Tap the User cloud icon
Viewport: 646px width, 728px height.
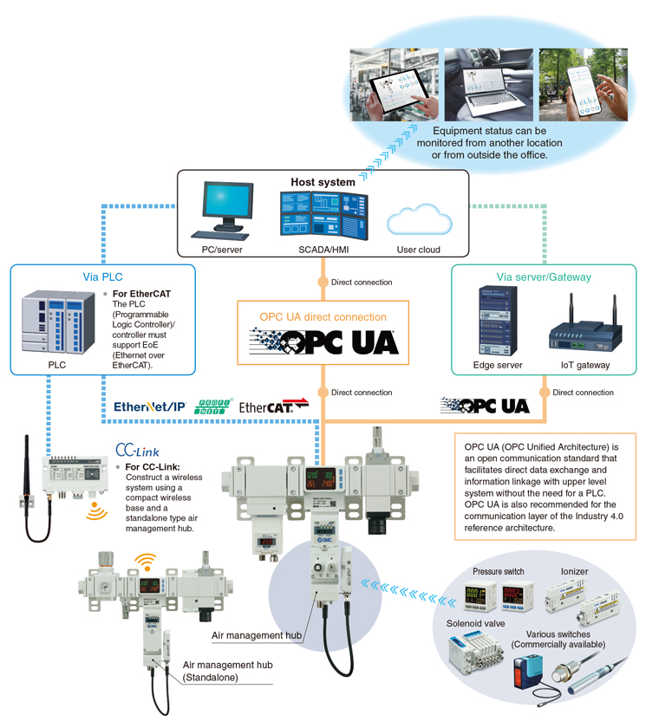[419, 220]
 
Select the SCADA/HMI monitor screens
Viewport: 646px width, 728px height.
[323, 214]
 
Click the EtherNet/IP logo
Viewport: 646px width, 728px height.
[150, 406]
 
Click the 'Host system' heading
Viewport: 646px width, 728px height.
[323, 183]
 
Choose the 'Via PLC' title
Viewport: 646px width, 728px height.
[102, 277]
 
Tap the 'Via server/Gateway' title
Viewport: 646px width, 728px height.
[544, 277]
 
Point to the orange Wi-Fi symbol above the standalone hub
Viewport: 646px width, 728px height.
[143, 564]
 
